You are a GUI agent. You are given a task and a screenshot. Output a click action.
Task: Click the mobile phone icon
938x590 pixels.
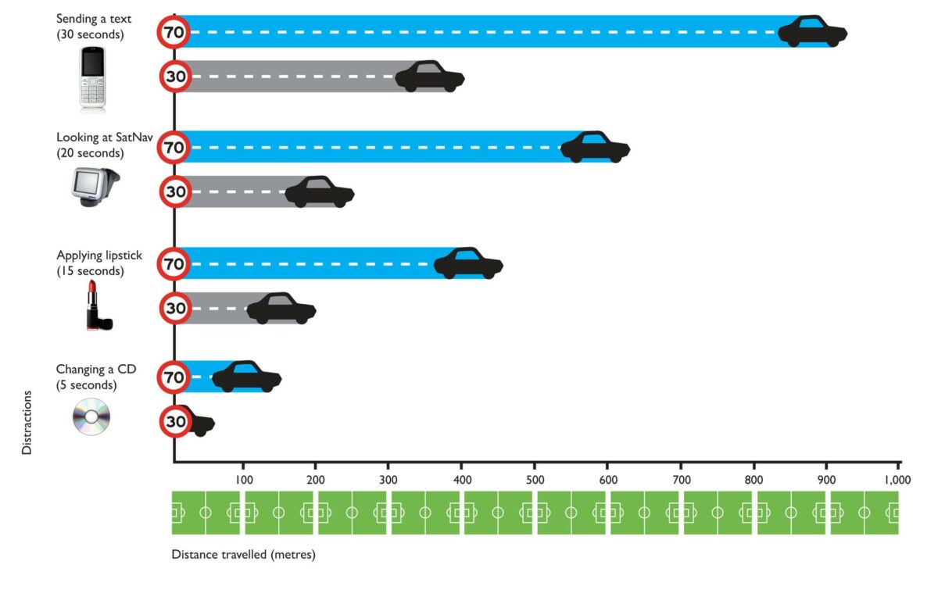tap(91, 79)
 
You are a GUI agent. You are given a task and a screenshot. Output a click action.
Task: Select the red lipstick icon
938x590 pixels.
tap(98, 307)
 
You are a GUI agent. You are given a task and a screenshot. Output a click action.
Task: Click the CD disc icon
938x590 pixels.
tap(91, 417)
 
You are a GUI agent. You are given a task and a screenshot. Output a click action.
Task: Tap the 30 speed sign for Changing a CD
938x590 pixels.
tap(176, 422)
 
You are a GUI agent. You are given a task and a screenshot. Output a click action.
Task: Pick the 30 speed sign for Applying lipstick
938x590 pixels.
tap(176, 308)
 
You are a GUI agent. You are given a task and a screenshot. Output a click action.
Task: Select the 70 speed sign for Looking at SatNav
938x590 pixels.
tap(174, 147)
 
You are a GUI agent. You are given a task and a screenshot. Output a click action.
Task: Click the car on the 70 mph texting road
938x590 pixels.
tap(813, 32)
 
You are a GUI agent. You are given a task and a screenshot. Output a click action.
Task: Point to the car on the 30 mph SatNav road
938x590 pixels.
tap(320, 192)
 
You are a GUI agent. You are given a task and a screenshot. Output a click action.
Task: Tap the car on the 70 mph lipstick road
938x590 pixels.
tap(468, 264)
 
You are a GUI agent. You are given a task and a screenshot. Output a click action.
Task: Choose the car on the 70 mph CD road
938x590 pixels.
tap(246, 377)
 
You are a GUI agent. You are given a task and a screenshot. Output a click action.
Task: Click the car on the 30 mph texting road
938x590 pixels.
tap(430, 77)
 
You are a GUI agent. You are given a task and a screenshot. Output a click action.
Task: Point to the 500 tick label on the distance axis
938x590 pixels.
tap(534, 479)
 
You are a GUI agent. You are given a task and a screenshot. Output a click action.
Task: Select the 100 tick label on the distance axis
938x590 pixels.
tap(243, 479)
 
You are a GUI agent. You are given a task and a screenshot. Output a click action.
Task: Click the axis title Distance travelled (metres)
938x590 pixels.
tap(243, 555)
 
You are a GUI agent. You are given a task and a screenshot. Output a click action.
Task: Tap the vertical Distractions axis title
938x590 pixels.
tap(27, 422)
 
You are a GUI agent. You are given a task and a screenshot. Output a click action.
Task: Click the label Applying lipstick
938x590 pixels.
tap(99, 256)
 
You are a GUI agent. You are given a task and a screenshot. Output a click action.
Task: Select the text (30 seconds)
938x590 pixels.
tap(90, 34)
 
